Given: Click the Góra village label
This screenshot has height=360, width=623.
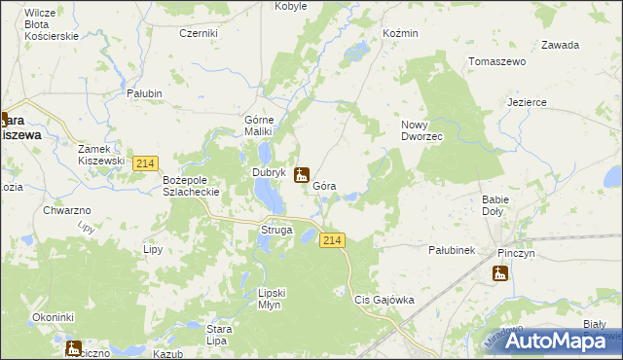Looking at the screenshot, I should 325,185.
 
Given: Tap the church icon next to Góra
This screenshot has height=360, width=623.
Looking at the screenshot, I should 302,175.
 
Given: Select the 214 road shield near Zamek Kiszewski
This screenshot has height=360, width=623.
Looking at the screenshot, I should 146,163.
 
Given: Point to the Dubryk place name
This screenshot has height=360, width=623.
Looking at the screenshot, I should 268,173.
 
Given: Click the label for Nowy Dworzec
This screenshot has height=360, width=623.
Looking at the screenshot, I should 422,130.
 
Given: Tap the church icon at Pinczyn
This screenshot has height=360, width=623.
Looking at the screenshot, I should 500,272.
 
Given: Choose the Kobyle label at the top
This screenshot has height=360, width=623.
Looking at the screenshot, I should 291,6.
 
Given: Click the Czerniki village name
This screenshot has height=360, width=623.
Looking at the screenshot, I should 199,33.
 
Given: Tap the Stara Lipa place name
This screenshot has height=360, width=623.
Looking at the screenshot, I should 218,335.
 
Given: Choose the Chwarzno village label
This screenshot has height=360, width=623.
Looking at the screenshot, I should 67,210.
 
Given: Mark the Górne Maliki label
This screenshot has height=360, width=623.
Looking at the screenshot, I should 262,126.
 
